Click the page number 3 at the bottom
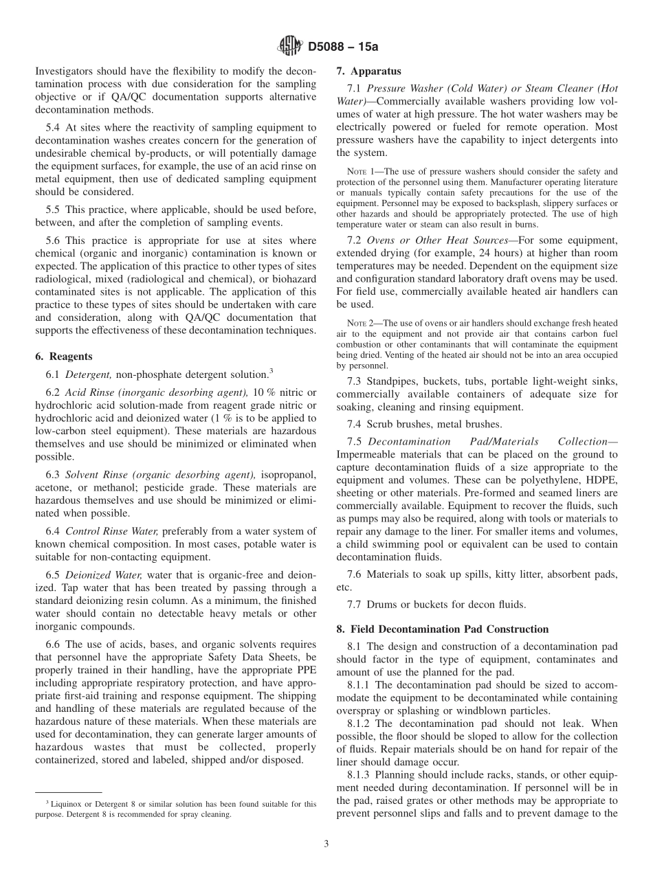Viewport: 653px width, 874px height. (x=326, y=844)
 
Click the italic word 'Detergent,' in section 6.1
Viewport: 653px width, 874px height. (x=89, y=374)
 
